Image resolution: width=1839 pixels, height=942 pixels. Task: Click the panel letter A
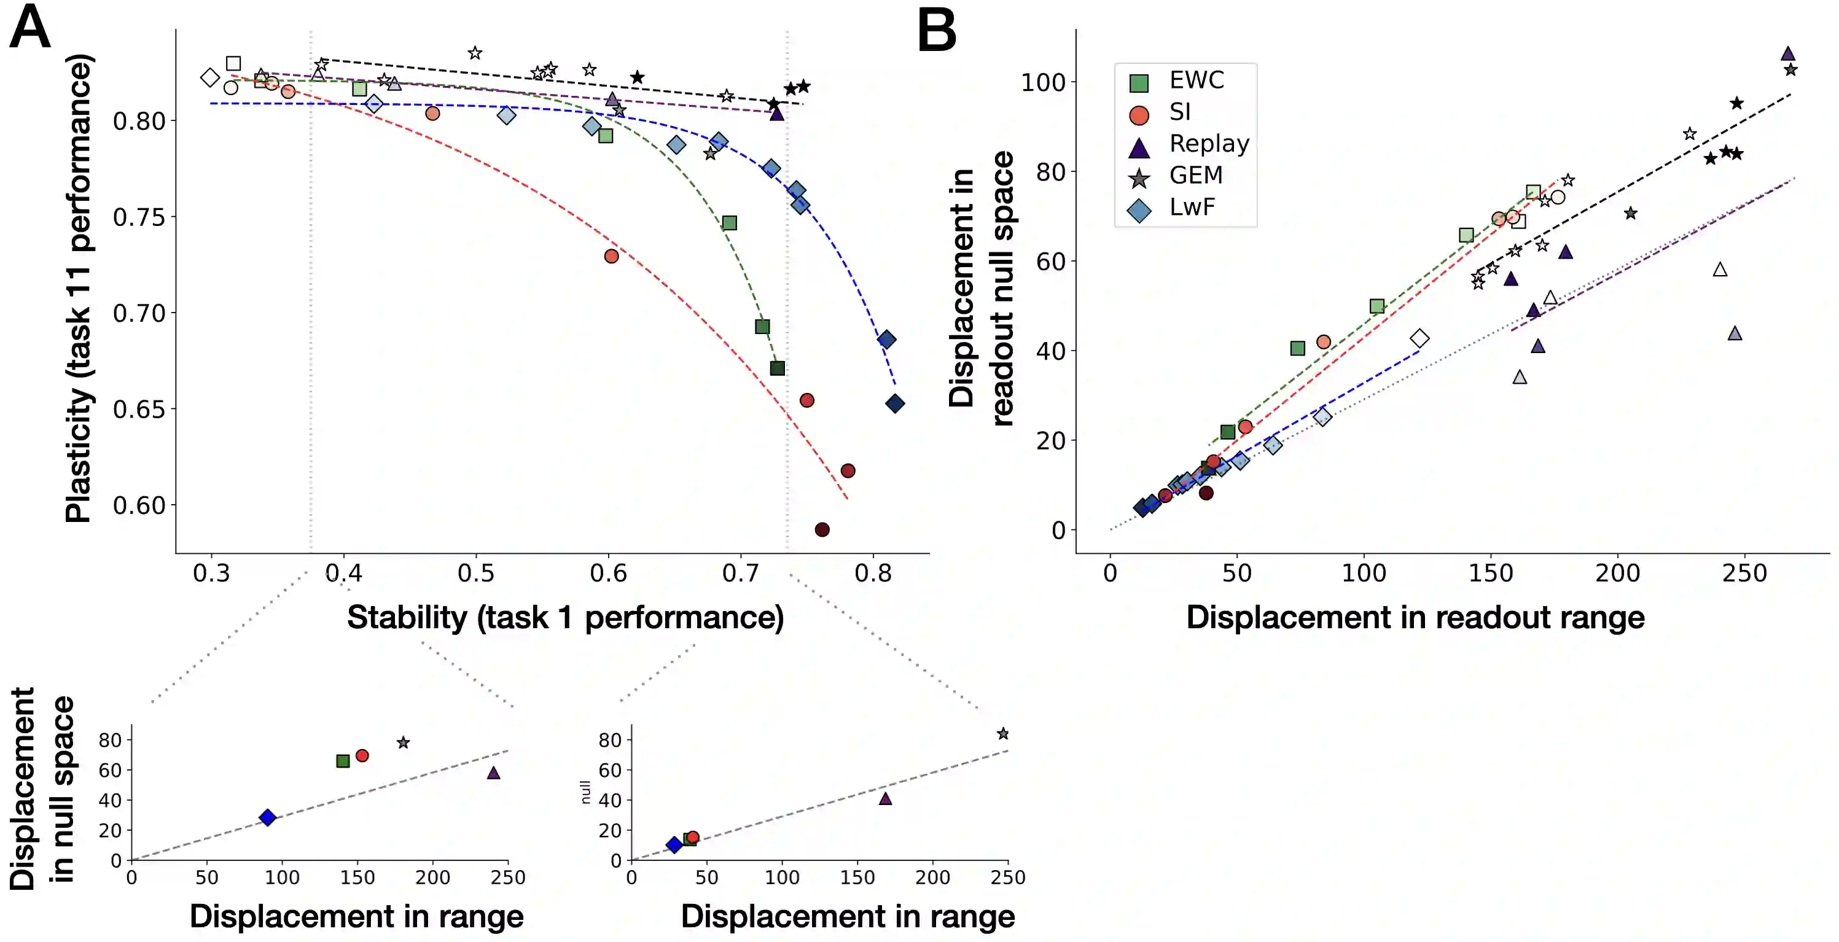(x=30, y=28)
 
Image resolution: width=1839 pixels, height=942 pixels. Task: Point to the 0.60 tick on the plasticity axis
(x=139, y=505)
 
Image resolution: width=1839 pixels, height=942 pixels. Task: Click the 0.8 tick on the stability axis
(x=872, y=573)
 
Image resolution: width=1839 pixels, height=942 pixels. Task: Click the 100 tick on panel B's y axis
(x=1043, y=83)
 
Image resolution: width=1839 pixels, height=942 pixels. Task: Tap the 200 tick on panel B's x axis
(x=1617, y=573)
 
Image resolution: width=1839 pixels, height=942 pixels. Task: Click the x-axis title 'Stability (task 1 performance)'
(x=564, y=617)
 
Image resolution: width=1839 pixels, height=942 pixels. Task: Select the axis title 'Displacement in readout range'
(x=1415, y=617)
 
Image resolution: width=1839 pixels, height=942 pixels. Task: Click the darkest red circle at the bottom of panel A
(x=822, y=529)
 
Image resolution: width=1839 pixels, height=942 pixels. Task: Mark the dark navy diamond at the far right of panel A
(x=894, y=404)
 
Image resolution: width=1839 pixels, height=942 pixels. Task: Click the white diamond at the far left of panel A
(x=209, y=77)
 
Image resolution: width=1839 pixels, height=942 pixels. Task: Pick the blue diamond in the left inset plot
(x=267, y=818)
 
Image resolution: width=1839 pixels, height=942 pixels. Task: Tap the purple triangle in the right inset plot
(x=885, y=798)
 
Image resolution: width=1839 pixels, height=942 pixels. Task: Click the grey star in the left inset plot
(x=404, y=743)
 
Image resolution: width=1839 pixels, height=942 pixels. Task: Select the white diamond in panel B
(x=1420, y=338)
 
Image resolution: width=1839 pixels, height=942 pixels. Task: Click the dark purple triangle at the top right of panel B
(x=1787, y=53)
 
